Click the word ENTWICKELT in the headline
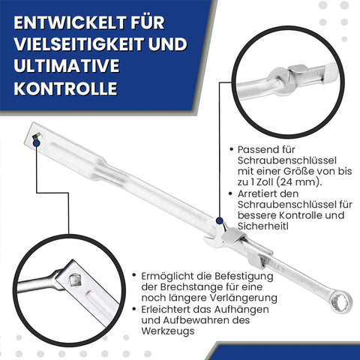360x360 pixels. point(70,22)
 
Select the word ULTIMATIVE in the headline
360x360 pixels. point(67,66)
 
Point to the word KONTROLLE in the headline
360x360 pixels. point(65,88)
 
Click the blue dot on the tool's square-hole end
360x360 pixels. point(37,142)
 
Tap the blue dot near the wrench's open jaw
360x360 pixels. point(220,220)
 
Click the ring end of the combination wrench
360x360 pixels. point(340,302)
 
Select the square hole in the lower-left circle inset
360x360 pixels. point(74,280)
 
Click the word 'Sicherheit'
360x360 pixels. point(262,226)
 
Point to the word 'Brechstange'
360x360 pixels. point(192,287)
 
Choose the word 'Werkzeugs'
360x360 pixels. point(168,331)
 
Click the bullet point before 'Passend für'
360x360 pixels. point(232,149)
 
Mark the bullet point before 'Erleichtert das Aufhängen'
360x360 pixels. point(134,310)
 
